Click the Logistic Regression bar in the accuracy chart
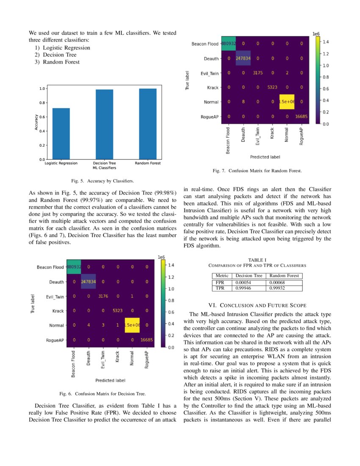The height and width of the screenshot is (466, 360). [x=61, y=133]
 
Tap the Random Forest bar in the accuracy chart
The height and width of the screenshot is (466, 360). [x=147, y=124]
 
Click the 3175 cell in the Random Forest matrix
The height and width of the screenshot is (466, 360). [x=258, y=72]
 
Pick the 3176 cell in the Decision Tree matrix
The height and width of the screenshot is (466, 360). [x=103, y=297]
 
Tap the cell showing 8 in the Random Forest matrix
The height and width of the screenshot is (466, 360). [x=243, y=102]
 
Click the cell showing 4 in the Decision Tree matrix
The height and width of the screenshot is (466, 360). [x=89, y=325]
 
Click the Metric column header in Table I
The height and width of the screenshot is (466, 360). [x=222, y=275]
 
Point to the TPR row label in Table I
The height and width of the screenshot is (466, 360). [x=220, y=288]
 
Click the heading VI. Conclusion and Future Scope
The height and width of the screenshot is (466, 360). [x=258, y=305]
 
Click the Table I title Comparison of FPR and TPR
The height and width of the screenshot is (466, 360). [x=257, y=265]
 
